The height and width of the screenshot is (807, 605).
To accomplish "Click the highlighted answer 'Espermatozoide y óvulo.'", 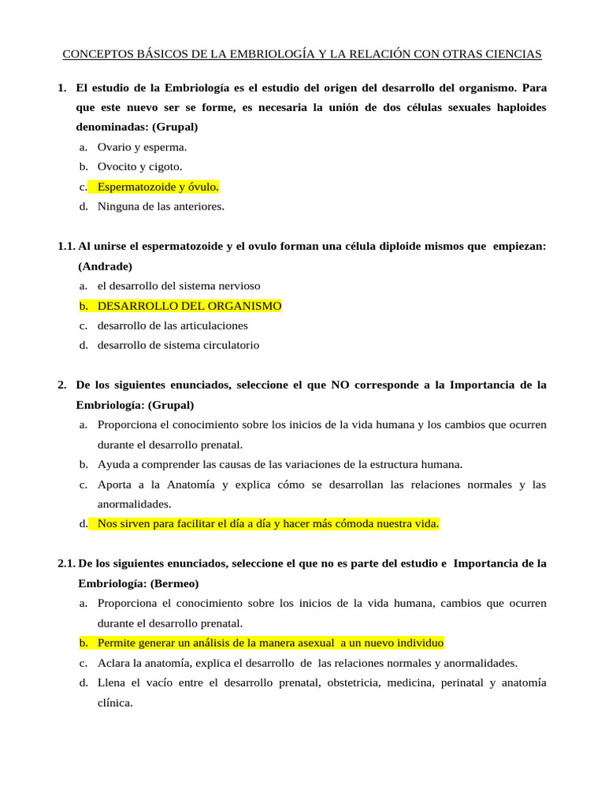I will pos(158,187).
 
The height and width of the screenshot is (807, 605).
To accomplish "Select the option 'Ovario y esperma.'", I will pos(142,147).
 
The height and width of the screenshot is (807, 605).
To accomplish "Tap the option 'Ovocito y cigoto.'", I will pos(139,166).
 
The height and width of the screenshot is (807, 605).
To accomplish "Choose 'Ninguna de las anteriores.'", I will pos(161,206).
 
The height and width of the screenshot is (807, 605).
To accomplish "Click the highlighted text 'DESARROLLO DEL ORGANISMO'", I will pos(189,306).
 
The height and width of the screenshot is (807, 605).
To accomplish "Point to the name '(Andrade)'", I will pos(106,266).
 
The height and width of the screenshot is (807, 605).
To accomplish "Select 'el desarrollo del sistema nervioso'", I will pos(179,285).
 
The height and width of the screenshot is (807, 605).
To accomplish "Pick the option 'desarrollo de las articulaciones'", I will pos(173,325).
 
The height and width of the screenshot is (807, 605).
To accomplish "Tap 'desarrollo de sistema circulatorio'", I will pos(178,345).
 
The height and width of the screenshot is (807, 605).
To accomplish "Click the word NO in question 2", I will pos(340,385).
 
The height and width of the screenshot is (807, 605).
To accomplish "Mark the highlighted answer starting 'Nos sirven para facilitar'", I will pos(268,523).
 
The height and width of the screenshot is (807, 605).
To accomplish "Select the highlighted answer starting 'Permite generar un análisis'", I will pos(270,643).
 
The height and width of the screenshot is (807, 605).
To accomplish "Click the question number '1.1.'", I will pos(66,247).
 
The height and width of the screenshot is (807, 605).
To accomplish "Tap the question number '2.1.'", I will pos(66,563).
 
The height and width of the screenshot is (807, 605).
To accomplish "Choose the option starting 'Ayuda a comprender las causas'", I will pos(280,464).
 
